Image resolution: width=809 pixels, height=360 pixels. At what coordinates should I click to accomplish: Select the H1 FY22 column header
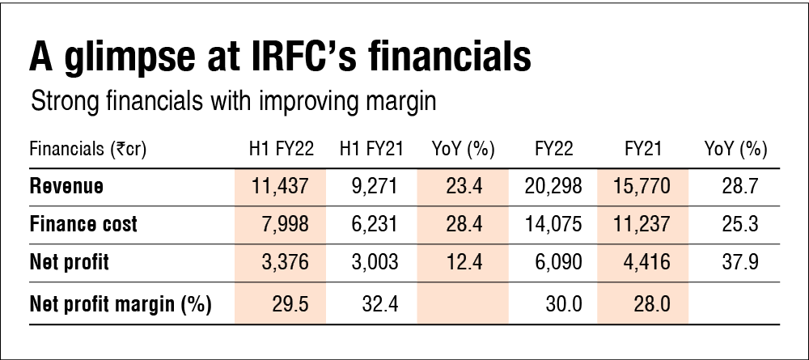[x=280, y=150]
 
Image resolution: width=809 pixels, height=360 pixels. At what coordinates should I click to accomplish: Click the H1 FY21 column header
[x=371, y=150]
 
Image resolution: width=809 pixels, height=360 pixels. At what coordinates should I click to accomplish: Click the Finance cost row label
[x=83, y=225]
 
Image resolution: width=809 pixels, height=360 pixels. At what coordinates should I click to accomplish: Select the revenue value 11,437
[x=280, y=187]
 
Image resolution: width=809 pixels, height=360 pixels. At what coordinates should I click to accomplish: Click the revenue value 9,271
[x=371, y=187]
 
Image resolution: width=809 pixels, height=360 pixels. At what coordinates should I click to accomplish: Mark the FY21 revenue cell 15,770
[x=642, y=187]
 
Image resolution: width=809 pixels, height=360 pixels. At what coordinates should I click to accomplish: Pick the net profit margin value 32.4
[x=375, y=304]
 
